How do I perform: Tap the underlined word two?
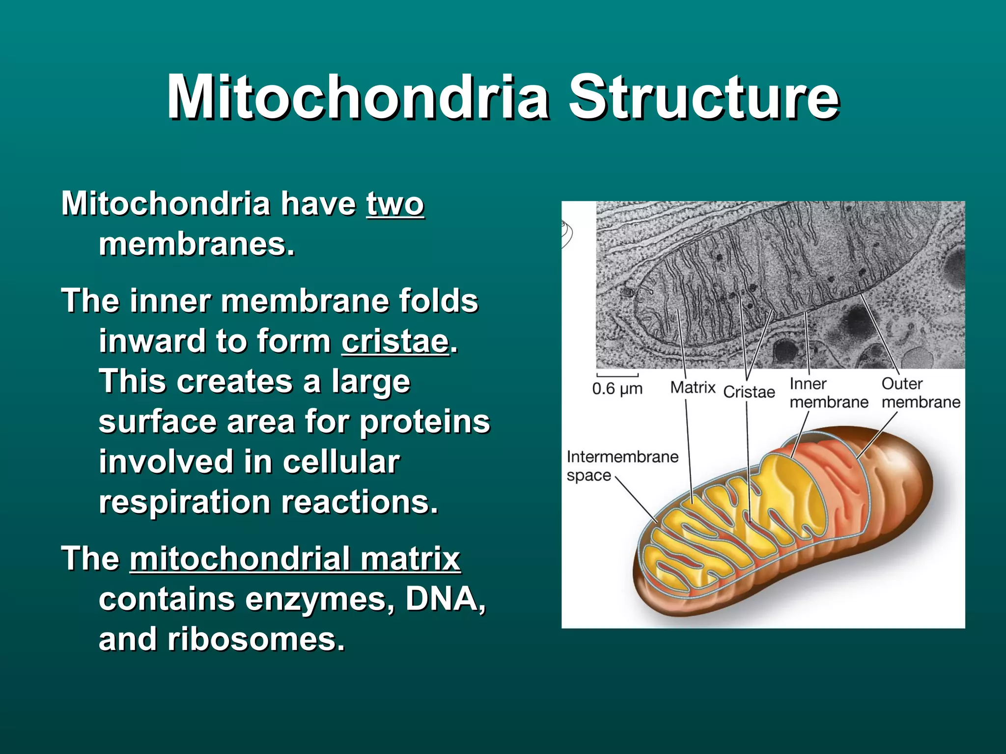tap(394, 204)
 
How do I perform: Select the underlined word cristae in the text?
tap(395, 341)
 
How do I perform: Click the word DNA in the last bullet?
tap(445, 599)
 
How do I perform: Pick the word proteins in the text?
tap(424, 422)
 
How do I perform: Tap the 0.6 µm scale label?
tap(617, 389)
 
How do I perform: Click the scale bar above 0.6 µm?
tap(617, 376)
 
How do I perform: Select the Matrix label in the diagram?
tap(693, 388)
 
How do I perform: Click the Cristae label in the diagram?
tap(749, 392)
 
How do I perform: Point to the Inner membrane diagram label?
tap(828, 393)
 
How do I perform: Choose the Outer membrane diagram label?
tap(920, 393)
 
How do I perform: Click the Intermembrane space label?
tap(622, 465)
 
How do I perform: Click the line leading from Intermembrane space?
tap(637, 500)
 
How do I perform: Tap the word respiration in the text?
tap(185, 502)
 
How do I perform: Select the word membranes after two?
tap(196, 244)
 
